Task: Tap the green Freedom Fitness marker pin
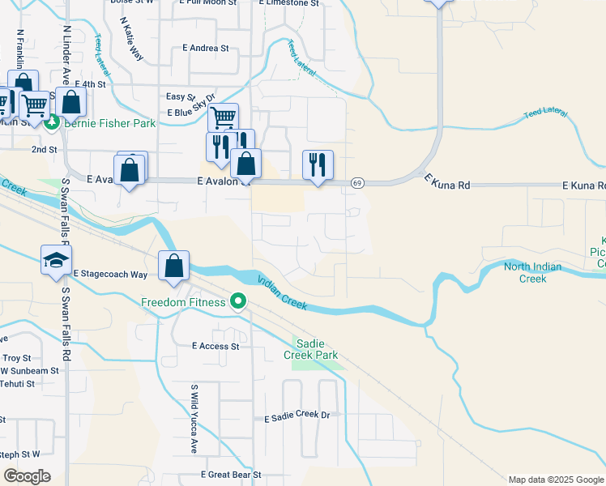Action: [x=237, y=302]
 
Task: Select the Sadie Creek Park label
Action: [x=310, y=349]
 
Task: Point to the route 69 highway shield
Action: [x=356, y=184]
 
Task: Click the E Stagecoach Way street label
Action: [x=110, y=275]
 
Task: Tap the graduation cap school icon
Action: [x=56, y=260]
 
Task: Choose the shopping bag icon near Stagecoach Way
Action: [x=174, y=265]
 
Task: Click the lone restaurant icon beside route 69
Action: [x=318, y=165]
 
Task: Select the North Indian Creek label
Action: [x=536, y=273]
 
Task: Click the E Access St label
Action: [x=216, y=346]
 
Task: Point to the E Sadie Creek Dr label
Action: [x=297, y=417]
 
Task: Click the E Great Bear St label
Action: [x=231, y=475]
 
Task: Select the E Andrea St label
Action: [x=206, y=49]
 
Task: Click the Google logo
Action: [x=27, y=475]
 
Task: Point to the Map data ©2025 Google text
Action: [x=555, y=480]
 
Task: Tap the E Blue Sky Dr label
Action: [x=193, y=107]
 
